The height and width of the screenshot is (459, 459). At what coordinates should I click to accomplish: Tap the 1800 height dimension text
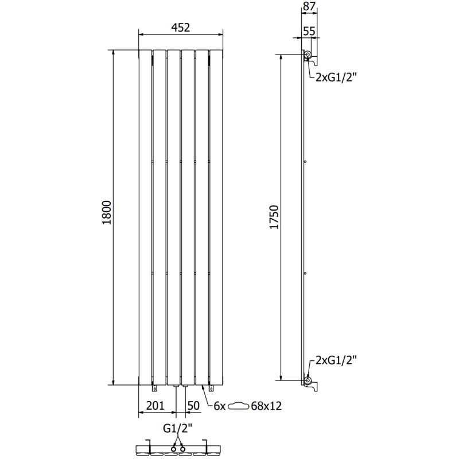click(x=106, y=217)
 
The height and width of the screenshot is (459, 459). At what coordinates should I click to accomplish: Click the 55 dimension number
click(x=309, y=32)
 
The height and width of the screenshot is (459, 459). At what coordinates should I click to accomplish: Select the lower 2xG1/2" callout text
click(x=336, y=360)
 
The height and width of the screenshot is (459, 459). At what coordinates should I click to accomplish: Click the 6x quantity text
click(x=219, y=406)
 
